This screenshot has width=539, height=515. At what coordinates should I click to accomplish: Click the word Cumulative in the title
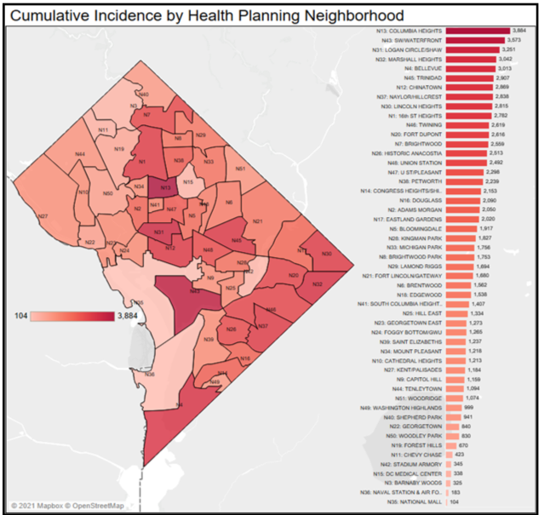(x=49, y=14)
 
